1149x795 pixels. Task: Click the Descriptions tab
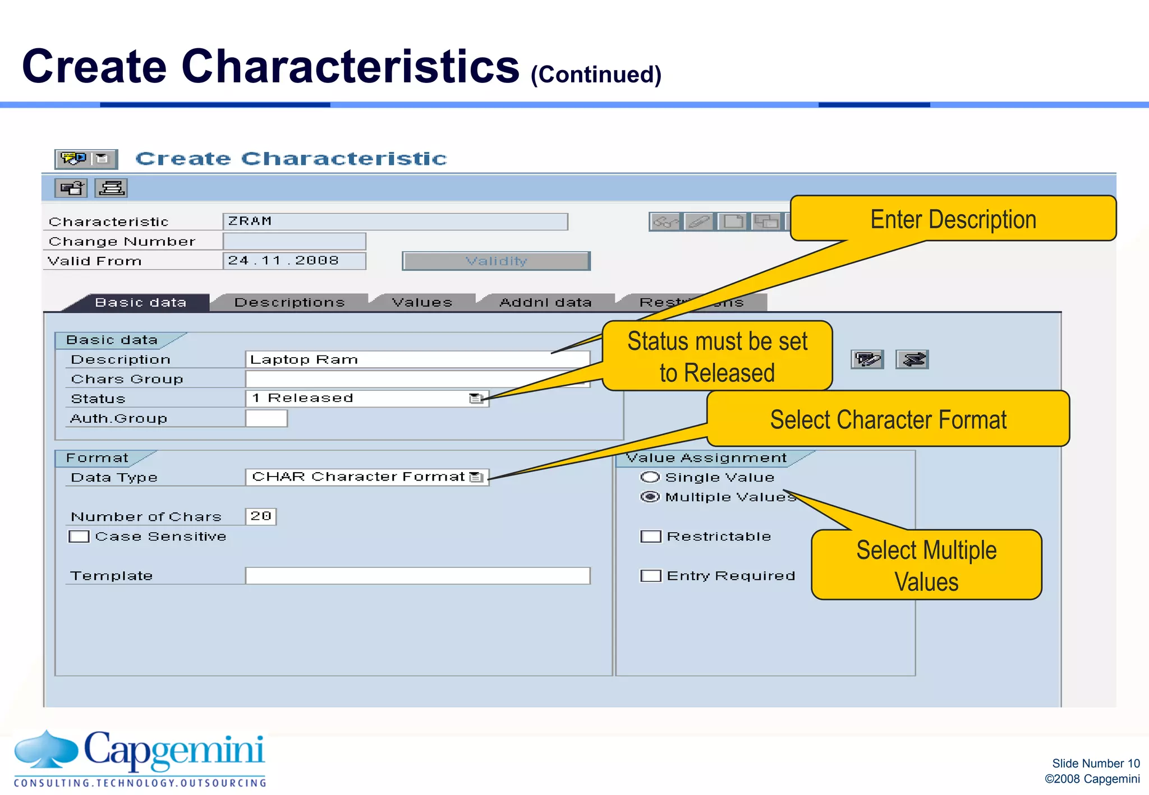(289, 303)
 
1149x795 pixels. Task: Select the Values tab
(422, 303)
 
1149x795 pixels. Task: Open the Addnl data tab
(545, 303)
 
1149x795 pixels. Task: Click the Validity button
(496, 261)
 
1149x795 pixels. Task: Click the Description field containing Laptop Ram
(417, 359)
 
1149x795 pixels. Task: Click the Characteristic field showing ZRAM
(395, 221)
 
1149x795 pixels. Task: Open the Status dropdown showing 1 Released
(476, 399)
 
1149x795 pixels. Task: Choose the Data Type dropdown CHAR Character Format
(476, 477)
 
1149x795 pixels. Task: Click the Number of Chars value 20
(261, 516)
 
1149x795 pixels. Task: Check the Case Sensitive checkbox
(79, 537)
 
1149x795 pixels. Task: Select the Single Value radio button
(650, 477)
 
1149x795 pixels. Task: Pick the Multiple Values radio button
(650, 497)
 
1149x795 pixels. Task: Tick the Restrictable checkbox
(651, 537)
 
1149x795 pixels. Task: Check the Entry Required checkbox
(651, 576)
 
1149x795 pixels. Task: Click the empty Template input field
(417, 576)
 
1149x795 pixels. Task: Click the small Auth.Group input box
(266, 419)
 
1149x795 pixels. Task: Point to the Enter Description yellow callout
(953, 219)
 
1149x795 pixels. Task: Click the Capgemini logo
(140, 757)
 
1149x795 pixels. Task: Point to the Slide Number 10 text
(1095, 763)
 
